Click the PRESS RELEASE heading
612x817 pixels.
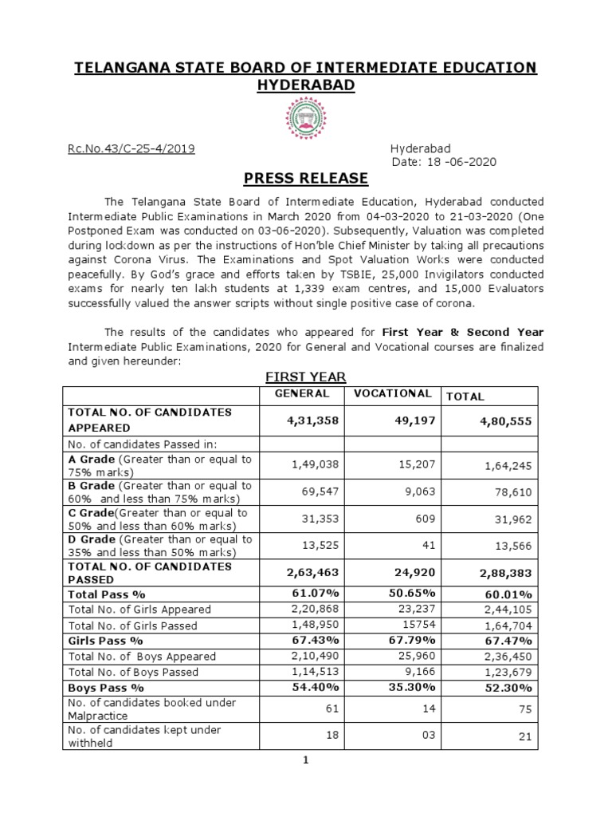pyautogui.click(x=305, y=178)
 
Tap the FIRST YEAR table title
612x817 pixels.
pyautogui.click(x=305, y=377)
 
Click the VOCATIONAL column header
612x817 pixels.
pyautogui.click(x=392, y=394)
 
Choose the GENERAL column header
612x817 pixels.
pyautogui.click(x=302, y=394)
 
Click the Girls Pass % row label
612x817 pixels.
pyautogui.click(x=106, y=641)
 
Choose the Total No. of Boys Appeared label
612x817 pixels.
pyautogui.click(x=143, y=656)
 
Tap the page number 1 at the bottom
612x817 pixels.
pyautogui.click(x=305, y=760)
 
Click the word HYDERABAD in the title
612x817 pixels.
pyautogui.click(x=305, y=85)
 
